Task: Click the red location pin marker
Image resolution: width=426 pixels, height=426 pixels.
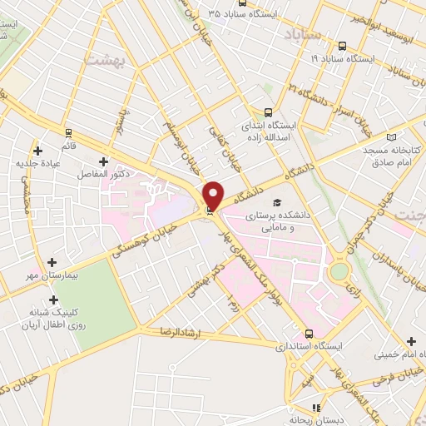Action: pos(213,195)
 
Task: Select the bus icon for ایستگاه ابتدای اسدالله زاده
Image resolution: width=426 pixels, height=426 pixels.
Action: pos(268,111)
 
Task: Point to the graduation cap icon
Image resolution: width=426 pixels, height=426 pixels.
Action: pos(276,202)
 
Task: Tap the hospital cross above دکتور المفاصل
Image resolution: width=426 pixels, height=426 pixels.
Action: pos(103,161)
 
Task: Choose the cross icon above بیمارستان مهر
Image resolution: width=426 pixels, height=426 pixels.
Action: pos(53,262)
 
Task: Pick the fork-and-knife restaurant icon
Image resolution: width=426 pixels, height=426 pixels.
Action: pos(315,408)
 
